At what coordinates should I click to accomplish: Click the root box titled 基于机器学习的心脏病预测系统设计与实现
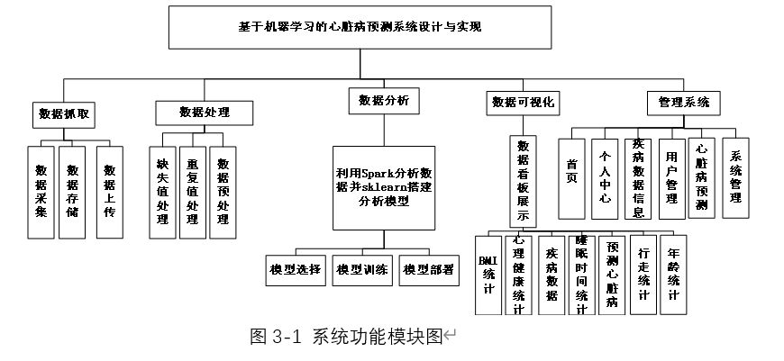coord(360,27)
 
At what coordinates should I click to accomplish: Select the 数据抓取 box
coord(64,114)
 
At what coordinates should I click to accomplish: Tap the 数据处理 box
coord(205,113)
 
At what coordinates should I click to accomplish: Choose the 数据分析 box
coord(384,101)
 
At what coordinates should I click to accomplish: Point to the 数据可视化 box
coord(523,103)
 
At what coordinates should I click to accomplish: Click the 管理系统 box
coord(683,103)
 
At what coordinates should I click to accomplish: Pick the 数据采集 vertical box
coord(41,193)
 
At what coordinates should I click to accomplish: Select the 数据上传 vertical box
coord(110,193)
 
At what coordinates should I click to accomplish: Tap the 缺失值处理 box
coord(162,193)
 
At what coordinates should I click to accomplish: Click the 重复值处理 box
coord(193,193)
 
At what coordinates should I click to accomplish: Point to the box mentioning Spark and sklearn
coord(384,188)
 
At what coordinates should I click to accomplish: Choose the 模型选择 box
coord(296,270)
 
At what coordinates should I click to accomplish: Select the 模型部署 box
coord(429,270)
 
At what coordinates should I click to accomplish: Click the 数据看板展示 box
coord(523,182)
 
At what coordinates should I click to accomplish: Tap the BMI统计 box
coord(488,275)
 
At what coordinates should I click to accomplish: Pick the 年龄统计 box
coord(673,275)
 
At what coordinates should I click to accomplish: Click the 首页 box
coord(571,179)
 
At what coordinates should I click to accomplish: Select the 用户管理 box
coord(672,179)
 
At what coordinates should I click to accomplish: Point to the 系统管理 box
coord(735,178)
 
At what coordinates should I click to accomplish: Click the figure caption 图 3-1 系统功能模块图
coord(347,338)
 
